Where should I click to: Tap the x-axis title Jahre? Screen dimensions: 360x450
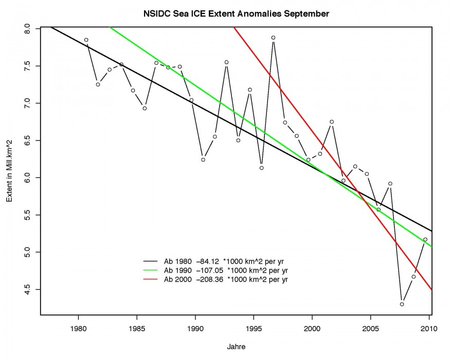(x=236, y=347)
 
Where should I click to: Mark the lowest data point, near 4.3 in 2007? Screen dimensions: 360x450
(x=402, y=304)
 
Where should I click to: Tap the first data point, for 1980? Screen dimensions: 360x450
(x=86, y=40)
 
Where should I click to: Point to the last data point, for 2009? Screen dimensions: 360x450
(x=425, y=239)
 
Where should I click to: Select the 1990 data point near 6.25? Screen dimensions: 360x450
(x=203, y=159)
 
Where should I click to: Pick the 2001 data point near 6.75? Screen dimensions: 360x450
(x=332, y=122)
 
